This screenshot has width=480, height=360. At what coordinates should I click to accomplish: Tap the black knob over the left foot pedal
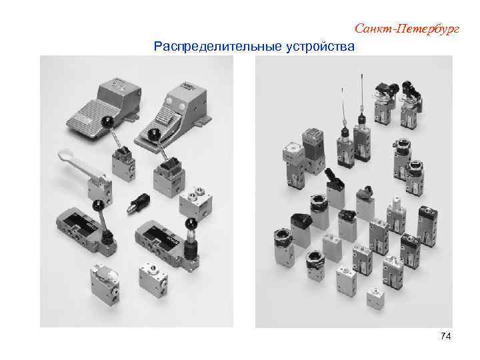(106, 121)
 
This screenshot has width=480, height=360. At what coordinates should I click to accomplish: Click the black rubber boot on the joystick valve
(193, 251)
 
